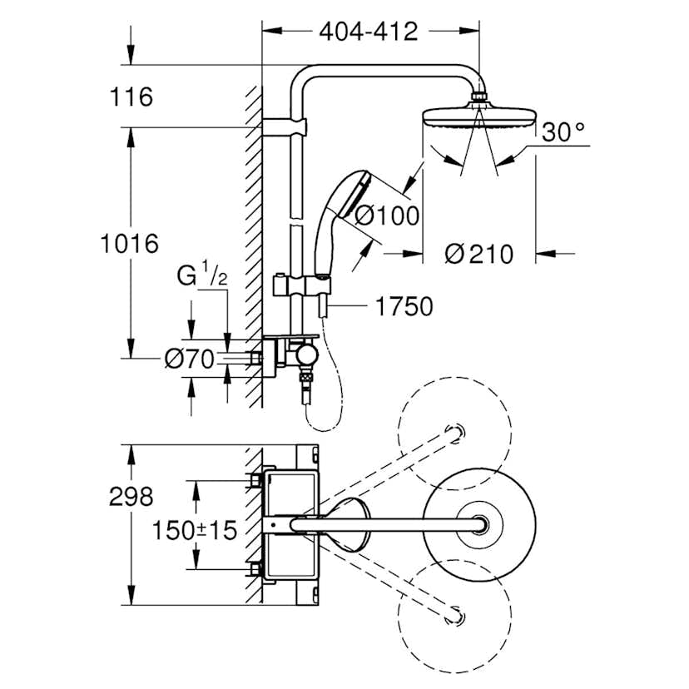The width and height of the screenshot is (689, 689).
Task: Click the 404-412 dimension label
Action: pos(369,32)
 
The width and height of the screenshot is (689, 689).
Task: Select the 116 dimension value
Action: pos(131,97)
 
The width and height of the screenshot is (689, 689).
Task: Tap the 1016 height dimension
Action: pos(129,244)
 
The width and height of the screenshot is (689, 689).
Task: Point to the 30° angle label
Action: pos(563,132)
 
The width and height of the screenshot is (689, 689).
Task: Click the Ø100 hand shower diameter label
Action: pos(386,216)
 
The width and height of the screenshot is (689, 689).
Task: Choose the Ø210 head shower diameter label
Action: pos(478,254)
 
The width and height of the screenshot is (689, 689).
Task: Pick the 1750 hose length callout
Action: pos(404,307)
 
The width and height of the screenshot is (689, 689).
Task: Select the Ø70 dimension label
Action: pos(190,359)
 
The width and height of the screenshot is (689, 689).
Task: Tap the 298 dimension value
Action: pos(131,497)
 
